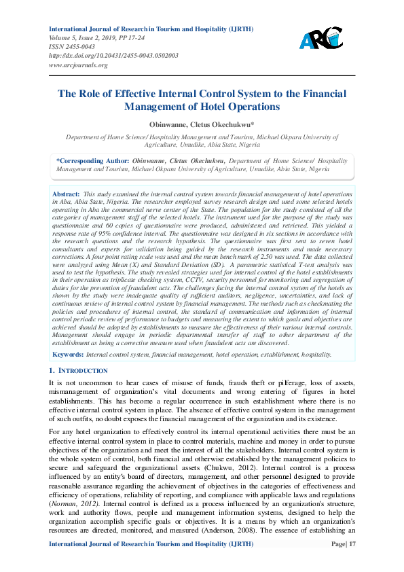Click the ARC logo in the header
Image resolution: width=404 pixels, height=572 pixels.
(x=321, y=39)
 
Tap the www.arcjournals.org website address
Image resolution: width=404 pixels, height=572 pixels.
(x=78, y=65)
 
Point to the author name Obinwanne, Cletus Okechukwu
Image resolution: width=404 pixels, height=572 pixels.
(x=202, y=124)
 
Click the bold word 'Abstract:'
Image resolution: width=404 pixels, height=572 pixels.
(x=67, y=194)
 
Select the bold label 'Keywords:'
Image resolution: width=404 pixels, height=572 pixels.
(x=69, y=354)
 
